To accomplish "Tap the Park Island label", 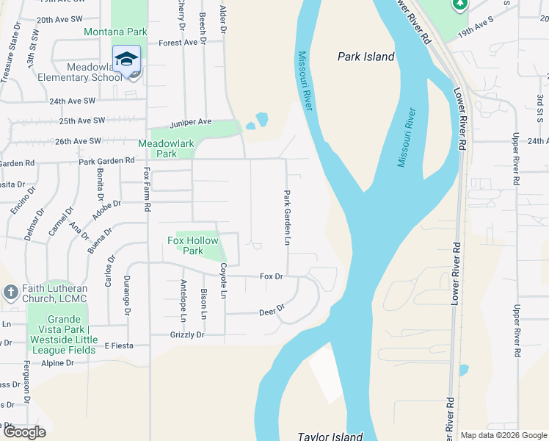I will [366, 57].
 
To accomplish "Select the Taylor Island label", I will [330, 436].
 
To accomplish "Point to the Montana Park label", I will [115, 32].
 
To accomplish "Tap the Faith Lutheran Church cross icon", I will [10, 293].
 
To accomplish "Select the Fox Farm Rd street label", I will [148, 190].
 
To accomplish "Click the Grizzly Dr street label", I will [186, 335].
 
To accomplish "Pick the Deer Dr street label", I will [272, 311].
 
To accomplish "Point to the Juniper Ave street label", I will [191, 122].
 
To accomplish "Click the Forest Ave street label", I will [179, 43].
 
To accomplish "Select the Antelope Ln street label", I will [183, 300].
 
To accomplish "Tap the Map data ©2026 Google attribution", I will [503, 435].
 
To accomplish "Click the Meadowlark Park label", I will [157, 148].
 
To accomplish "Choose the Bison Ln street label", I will [204, 304].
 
